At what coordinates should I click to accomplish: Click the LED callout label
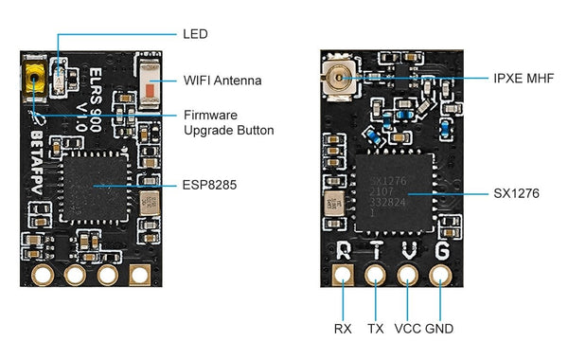point(194,34)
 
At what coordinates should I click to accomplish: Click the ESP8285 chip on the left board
point(92,186)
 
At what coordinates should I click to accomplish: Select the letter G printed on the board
point(440,251)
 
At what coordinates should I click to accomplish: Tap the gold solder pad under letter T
point(376,276)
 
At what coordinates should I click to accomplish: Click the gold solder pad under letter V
point(408,276)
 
